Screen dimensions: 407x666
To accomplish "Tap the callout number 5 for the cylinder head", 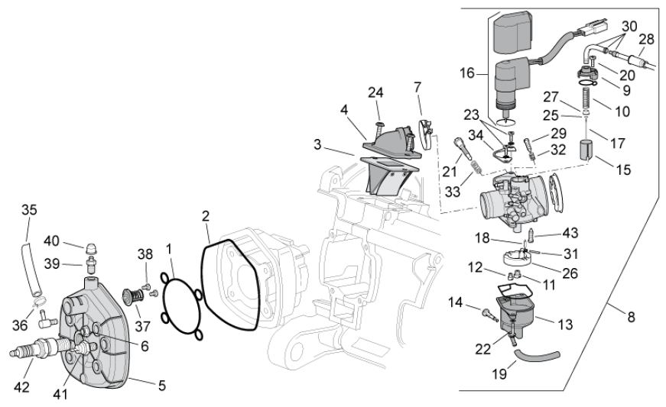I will [161, 386].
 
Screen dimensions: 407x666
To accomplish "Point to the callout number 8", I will [631, 317].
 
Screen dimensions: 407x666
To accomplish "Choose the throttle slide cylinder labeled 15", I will [587, 150].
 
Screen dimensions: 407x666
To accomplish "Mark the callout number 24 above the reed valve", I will [375, 93].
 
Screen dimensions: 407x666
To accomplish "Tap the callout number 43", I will [570, 232].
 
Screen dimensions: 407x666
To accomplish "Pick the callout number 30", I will [628, 24].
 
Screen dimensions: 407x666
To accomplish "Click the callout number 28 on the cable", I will [647, 38].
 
